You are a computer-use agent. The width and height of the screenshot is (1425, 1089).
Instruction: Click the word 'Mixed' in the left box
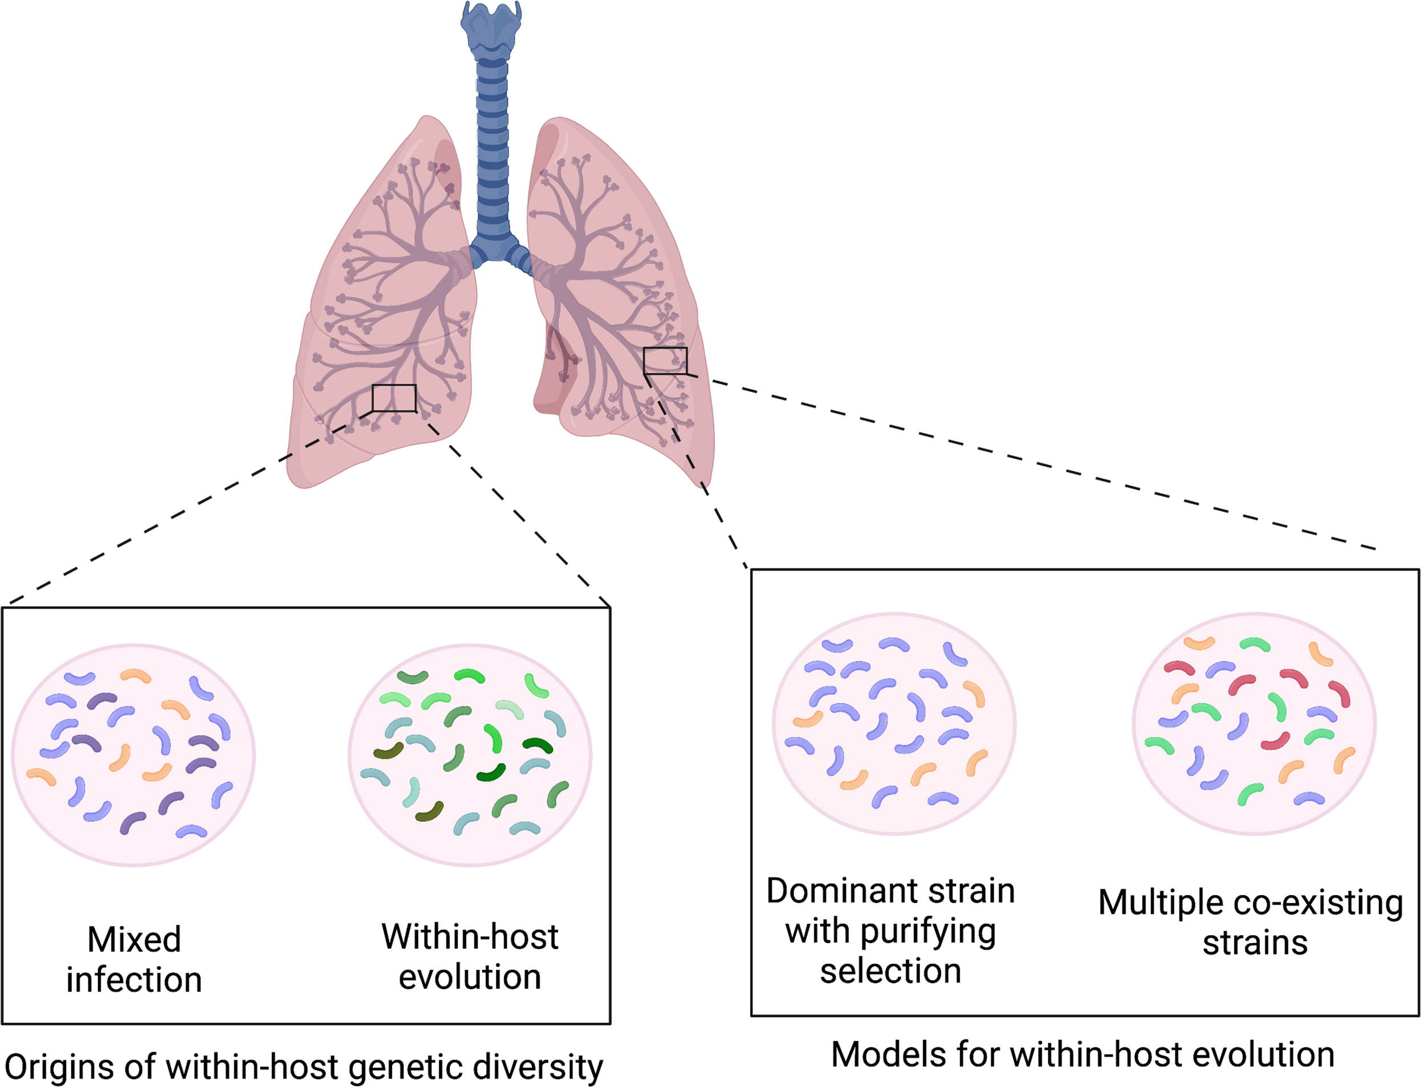click(134, 939)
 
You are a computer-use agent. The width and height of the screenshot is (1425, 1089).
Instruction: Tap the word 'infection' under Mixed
click(134, 980)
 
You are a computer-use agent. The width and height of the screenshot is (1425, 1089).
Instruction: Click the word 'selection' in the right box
click(890, 971)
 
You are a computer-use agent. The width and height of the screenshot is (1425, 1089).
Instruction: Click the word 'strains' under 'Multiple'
click(1255, 943)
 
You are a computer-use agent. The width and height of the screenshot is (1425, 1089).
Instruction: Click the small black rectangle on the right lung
click(665, 360)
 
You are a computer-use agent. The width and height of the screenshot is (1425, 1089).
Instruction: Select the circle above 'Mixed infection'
click(133, 755)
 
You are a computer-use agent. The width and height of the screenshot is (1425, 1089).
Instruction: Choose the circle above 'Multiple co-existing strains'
click(1254, 723)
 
